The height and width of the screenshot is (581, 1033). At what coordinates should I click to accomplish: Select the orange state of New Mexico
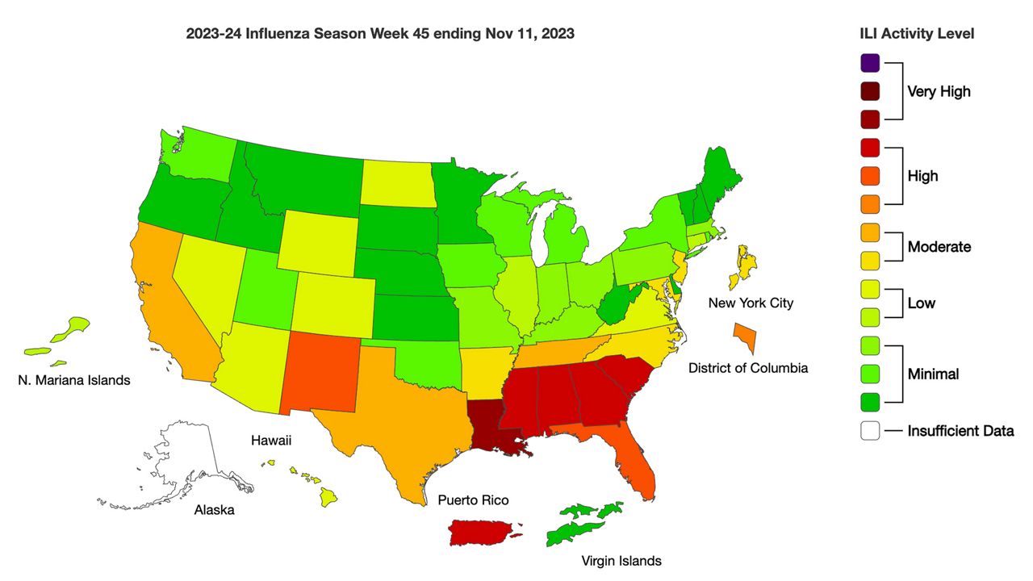(316, 370)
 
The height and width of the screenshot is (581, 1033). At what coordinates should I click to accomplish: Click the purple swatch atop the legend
(870, 63)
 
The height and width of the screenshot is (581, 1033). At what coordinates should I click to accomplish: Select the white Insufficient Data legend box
(870, 431)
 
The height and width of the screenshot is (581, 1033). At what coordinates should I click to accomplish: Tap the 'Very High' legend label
(939, 91)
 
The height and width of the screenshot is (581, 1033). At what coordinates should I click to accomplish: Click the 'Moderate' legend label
(939, 246)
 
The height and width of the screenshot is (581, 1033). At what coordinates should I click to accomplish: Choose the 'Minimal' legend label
(933, 374)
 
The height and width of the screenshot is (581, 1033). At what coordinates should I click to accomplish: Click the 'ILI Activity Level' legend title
(917, 34)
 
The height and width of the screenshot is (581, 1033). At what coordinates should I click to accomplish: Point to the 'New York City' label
(751, 303)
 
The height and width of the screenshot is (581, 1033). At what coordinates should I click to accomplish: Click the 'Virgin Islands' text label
(621, 561)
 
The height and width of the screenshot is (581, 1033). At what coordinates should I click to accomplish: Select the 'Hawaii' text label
(270, 441)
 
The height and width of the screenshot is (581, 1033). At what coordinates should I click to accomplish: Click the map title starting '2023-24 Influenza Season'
(380, 34)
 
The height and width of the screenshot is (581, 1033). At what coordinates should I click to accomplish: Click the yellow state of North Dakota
(395, 182)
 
